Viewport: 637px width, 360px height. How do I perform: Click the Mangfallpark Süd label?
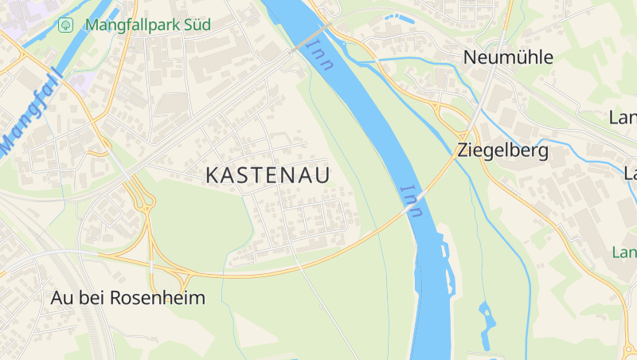click(147, 25)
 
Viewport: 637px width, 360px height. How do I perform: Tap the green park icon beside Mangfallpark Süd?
click(66, 25)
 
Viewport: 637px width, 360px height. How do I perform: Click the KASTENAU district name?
click(268, 175)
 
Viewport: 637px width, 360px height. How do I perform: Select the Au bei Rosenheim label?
click(128, 299)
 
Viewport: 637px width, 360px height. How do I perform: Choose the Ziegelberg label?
click(502, 150)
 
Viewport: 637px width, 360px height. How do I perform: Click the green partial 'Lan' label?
click(624, 252)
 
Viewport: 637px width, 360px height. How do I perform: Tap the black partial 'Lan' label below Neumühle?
click(623, 118)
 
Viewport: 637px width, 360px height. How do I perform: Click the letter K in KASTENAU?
click(213, 175)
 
